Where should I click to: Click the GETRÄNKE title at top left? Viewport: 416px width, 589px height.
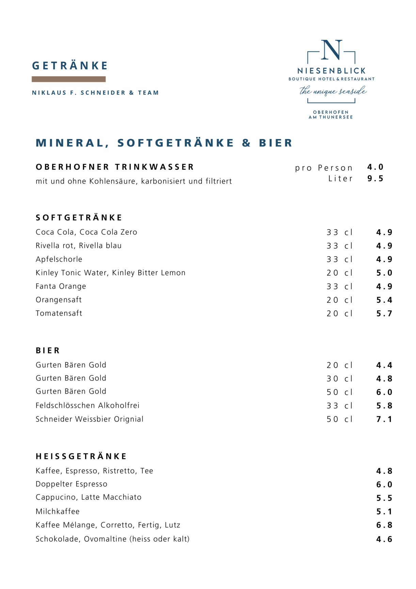[70, 65]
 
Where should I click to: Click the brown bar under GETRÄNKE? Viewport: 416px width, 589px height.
[68, 79]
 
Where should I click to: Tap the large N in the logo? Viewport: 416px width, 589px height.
[331, 50]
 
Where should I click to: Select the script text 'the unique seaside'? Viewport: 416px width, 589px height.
[333, 91]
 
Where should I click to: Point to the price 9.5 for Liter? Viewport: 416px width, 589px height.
[375, 179]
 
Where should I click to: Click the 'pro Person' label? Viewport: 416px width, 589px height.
[324, 168]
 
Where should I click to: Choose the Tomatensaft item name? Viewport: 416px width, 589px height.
[59, 313]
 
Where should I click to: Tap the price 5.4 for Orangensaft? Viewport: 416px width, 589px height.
[384, 300]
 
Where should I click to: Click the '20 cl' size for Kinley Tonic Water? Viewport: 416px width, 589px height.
[339, 273]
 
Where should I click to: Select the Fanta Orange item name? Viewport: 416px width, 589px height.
[61, 286]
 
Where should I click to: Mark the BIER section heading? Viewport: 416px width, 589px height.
[48, 350]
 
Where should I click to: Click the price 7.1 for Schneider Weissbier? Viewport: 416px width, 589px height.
[384, 419]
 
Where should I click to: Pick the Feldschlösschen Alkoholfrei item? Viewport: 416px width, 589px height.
[87, 405]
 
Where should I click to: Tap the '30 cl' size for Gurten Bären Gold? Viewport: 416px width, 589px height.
[339, 378]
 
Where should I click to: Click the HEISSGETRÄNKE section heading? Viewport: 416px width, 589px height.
[81, 456]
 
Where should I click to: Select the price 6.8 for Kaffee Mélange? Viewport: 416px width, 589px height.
[384, 525]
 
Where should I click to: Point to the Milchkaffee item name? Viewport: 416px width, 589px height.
[58, 511]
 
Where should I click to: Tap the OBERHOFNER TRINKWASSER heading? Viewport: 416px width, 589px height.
[115, 167]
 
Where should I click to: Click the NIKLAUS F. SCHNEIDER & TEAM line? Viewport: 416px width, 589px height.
[95, 93]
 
